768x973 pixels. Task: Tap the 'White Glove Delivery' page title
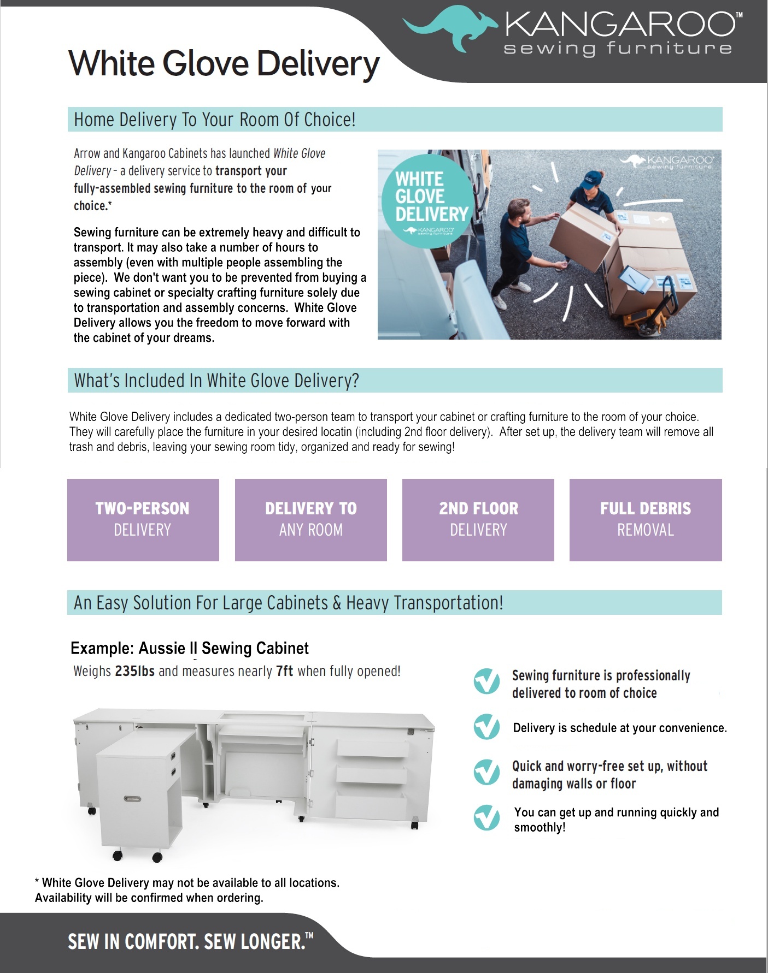[x=224, y=64]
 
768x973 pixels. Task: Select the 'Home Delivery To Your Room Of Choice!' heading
[x=215, y=120]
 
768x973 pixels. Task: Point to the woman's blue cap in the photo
[x=592, y=179]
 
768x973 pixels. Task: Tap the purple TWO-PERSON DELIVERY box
[x=143, y=519]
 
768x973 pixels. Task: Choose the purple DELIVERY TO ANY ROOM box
[x=310, y=519]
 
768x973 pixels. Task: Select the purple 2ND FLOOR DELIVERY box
[x=478, y=519]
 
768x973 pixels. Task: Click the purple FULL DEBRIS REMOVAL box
[x=645, y=519]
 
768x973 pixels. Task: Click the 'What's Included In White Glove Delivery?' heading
[x=216, y=381]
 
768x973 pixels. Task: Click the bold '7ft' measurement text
[x=285, y=671]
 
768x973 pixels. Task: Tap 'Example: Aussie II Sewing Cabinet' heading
[x=189, y=648]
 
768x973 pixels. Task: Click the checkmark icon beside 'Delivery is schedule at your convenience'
[x=486, y=727]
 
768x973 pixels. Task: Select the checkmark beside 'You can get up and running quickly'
[x=486, y=818]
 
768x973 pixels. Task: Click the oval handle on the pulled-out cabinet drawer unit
[x=132, y=799]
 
